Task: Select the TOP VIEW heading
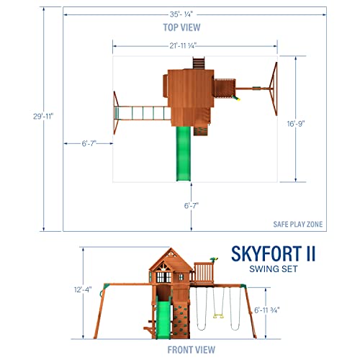click(180, 27)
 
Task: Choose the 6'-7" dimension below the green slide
click(191, 205)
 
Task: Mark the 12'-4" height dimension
click(88, 292)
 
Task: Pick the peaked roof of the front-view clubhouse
click(171, 258)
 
